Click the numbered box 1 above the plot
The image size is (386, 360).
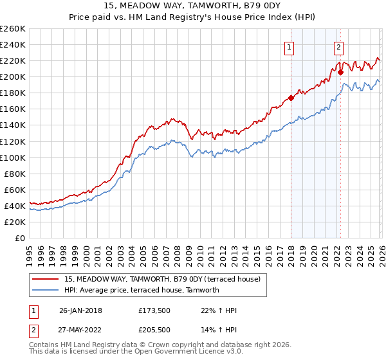pyautogui.click(x=289, y=46)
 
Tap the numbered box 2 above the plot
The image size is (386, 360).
pyautogui.click(x=338, y=46)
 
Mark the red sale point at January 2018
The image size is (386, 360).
pyautogui.click(x=291, y=98)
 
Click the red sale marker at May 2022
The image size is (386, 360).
pyautogui.click(x=340, y=73)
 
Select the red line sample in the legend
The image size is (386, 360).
pyautogui.click(x=46, y=279)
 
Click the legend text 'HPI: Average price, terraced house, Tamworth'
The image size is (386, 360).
pyautogui.click(x=142, y=290)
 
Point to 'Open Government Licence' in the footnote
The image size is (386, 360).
pyautogui.click(x=179, y=353)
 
